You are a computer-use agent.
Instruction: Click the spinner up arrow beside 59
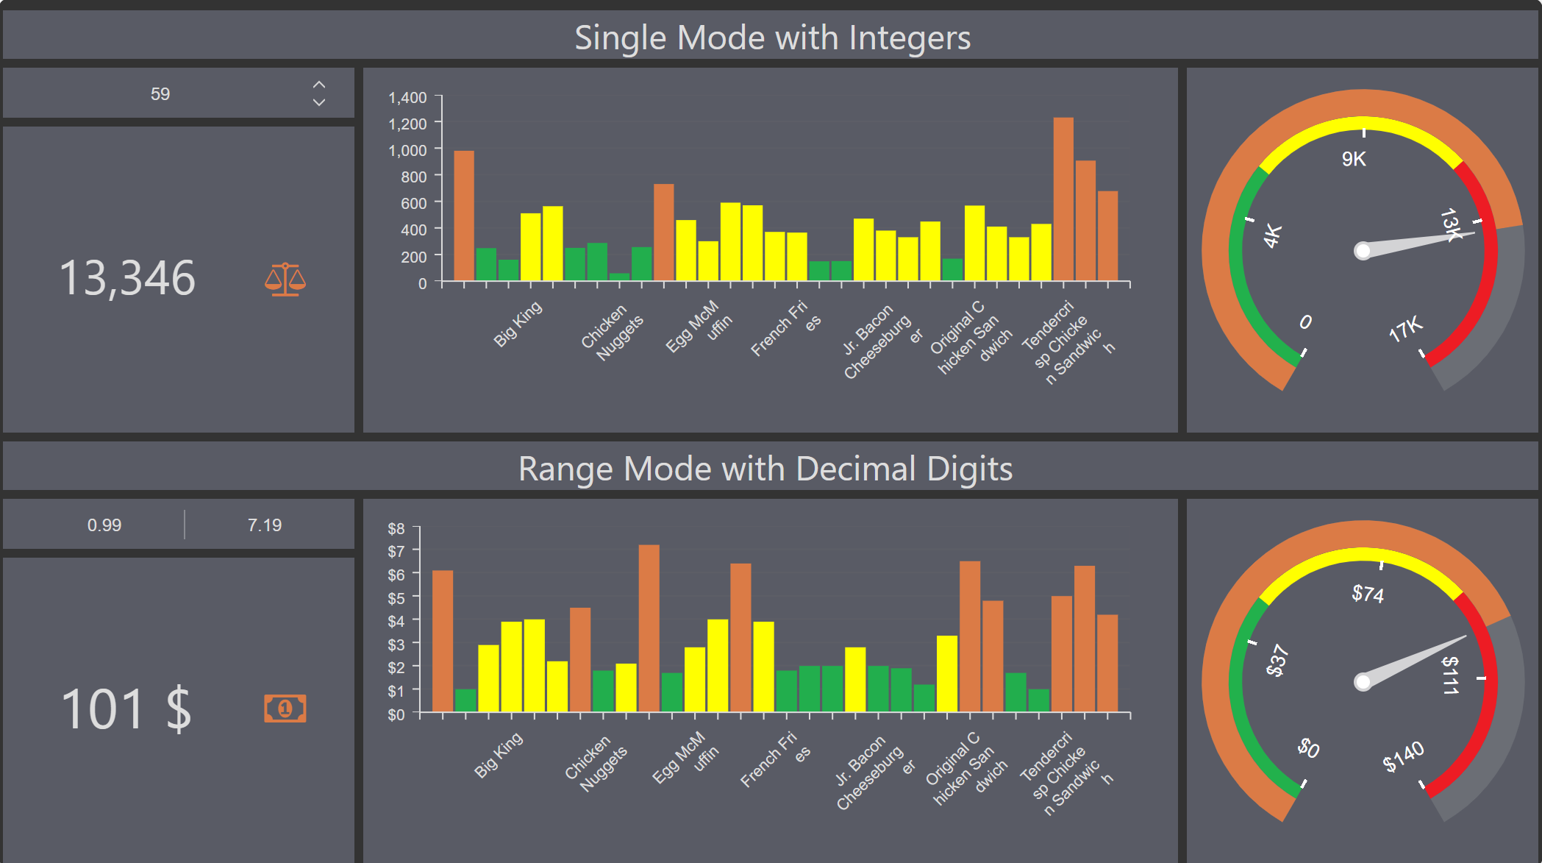[x=319, y=85]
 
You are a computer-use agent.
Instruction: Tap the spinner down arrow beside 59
[x=319, y=103]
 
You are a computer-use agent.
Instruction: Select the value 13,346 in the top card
[x=127, y=279]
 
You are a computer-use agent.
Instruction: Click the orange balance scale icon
[x=285, y=280]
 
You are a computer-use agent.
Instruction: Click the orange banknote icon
[x=285, y=708]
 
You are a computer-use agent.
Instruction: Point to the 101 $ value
[x=126, y=709]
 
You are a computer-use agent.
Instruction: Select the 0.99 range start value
[x=104, y=525]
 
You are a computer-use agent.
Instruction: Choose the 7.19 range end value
[x=265, y=525]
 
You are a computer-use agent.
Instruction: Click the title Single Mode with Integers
[x=772, y=38]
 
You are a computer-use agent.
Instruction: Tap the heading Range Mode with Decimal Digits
[x=765, y=469]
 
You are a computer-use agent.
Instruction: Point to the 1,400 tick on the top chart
[x=407, y=98]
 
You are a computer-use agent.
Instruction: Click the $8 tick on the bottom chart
[x=396, y=528]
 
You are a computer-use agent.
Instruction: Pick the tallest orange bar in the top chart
[x=1063, y=199]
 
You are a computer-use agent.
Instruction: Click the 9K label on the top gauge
[x=1354, y=159]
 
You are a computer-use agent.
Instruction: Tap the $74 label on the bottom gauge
[x=1368, y=593]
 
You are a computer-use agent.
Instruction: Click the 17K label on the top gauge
[x=1405, y=330]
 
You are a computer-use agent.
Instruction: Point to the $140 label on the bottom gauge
[x=1403, y=756]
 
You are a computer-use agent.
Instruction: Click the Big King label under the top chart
[x=518, y=324]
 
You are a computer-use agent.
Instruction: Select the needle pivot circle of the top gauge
[x=1363, y=251]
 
